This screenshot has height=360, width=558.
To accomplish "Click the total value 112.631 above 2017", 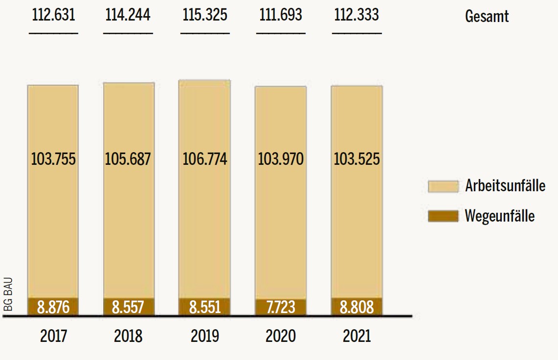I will pos(54,15).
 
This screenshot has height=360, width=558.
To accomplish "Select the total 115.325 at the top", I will pos(205,15).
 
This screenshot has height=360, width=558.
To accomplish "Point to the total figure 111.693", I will pos(281,15).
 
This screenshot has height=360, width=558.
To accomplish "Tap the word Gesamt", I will pos(487,16).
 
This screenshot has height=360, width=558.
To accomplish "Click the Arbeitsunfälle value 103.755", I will pos(53,159).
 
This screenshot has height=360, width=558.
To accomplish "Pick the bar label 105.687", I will pos(129,159).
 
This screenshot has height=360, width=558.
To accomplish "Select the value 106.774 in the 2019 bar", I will pos(205,159).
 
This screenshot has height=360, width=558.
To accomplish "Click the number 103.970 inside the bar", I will pos(281,159).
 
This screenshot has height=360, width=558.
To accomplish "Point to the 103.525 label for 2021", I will pos(357,159).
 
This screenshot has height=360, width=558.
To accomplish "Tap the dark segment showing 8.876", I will pos(53,307).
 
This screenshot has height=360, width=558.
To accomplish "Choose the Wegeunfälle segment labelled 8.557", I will pos(129,307).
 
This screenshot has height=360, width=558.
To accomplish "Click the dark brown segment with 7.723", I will pos(281,308).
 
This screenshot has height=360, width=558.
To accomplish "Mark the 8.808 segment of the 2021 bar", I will pos(357,307).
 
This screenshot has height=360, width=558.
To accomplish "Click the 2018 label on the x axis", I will pos(128,337).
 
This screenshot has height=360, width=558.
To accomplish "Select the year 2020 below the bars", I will pos(281,337).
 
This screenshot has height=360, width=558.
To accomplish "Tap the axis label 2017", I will pos(54,337).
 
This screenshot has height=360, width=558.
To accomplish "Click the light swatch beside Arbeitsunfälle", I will pos(443,186).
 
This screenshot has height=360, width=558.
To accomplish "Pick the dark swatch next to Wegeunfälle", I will pos(443,216).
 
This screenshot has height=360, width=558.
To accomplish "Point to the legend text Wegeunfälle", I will pos(500,216).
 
